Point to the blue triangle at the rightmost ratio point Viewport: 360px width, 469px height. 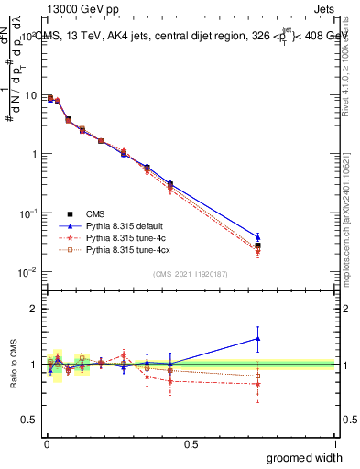(x=258, y=339)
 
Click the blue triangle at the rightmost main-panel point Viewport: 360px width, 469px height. (x=258, y=236)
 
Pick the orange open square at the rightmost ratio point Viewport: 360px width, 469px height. (x=258, y=376)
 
